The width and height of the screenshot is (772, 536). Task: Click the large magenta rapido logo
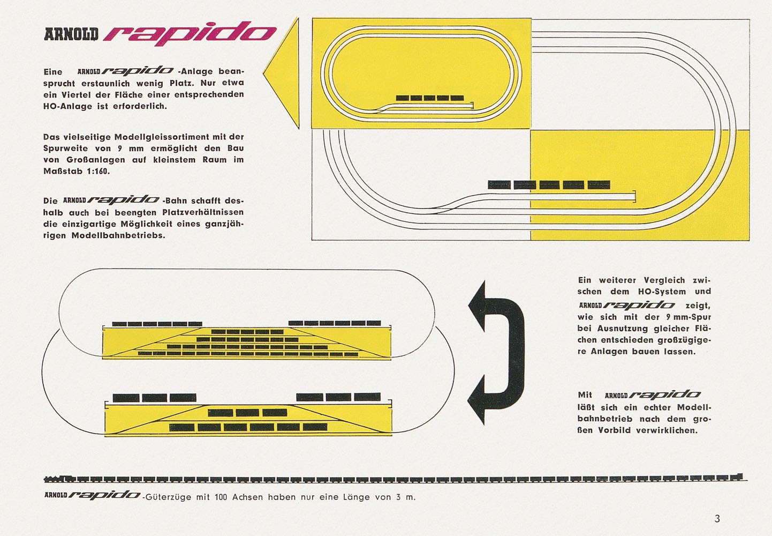click(x=190, y=34)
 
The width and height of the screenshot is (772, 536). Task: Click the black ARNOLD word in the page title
click(x=71, y=34)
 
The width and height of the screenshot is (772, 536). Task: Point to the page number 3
click(x=717, y=519)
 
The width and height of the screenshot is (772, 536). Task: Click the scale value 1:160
click(x=98, y=171)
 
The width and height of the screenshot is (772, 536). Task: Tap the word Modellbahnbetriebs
click(x=118, y=236)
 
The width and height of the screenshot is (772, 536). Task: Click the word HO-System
click(x=662, y=292)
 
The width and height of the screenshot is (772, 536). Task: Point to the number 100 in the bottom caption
click(x=221, y=497)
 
